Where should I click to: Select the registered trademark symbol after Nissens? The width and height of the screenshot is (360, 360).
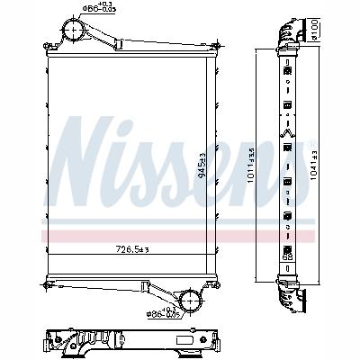pyautogui.click(x=312, y=144)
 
